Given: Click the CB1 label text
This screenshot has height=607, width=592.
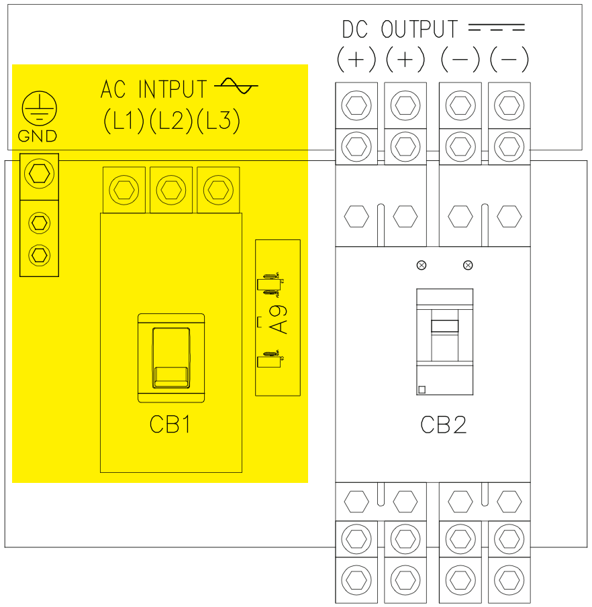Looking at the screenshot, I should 170,425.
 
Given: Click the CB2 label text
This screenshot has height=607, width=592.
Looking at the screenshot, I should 443,425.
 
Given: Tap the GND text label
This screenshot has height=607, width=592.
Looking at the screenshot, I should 38,137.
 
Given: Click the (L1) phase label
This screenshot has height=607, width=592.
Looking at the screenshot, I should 124,120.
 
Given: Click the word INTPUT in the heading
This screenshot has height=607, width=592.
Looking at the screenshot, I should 173,89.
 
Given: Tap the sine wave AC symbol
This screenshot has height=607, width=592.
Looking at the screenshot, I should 236,86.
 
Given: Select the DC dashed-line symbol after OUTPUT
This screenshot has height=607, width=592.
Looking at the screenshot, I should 496,29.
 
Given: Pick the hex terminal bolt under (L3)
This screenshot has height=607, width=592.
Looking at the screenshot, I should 219,190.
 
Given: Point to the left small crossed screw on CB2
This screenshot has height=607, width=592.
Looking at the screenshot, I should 422,265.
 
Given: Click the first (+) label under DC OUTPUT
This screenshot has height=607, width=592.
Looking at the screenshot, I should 356,60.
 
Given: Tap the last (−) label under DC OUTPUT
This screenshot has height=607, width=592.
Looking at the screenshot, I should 509,60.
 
